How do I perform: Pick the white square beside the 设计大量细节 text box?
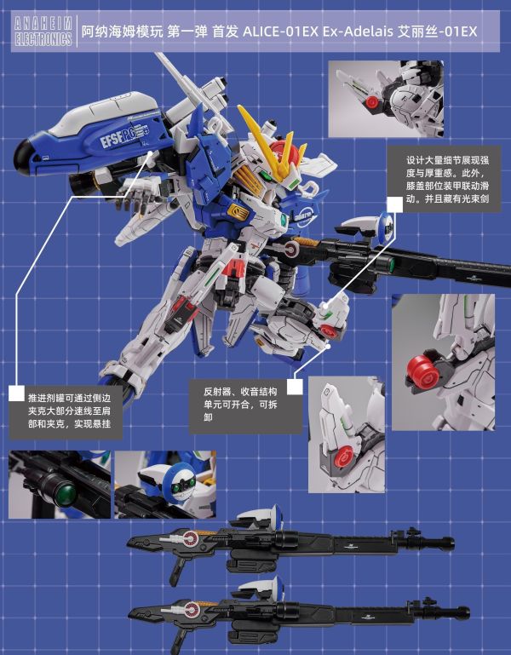coord(394,204)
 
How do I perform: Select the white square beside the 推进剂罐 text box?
coord(15,393)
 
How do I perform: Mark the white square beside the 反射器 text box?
coord(295,386)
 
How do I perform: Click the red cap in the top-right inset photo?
coord(372,104)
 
